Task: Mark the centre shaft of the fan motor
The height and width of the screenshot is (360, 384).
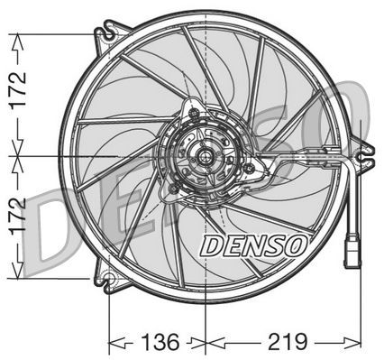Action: [206, 157]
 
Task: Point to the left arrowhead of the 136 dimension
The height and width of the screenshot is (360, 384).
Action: [114, 343]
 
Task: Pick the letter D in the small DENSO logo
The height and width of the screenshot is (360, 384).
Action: [210, 245]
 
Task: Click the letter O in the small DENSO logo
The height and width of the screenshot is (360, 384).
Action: [297, 244]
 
